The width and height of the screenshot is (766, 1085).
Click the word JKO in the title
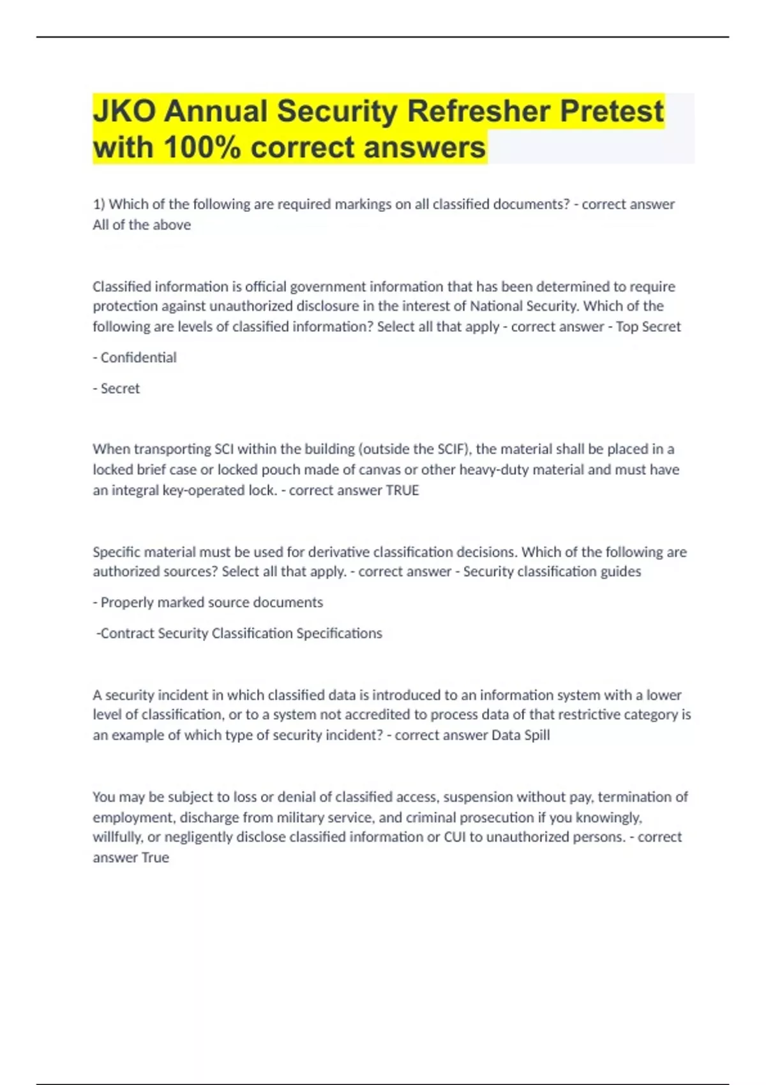[124, 111]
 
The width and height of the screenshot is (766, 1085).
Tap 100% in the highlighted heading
[202, 147]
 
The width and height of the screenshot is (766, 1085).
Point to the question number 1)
[99, 204]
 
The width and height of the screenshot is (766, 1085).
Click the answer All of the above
[142, 225]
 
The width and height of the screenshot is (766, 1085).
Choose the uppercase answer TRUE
[402, 490]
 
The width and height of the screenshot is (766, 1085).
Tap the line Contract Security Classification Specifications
[239, 633]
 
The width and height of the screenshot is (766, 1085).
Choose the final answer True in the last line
[155, 857]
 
